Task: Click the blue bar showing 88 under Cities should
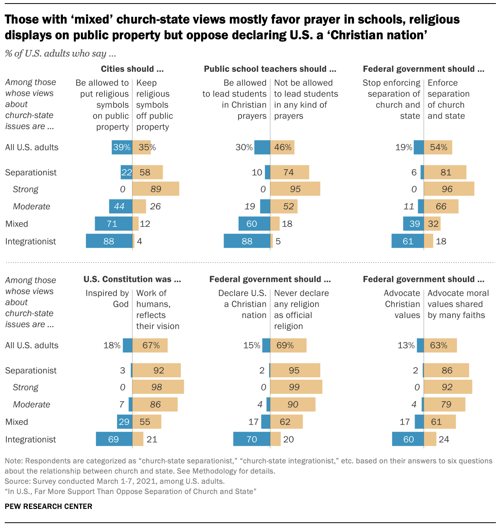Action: (x=109, y=241)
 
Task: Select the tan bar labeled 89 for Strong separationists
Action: (x=156, y=189)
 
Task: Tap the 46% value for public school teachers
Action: (x=283, y=147)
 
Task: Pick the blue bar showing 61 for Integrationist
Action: (x=408, y=241)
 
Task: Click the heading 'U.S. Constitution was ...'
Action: (x=132, y=279)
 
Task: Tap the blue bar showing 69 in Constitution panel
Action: (x=114, y=439)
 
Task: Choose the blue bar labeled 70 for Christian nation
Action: (x=251, y=439)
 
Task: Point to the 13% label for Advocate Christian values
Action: (x=406, y=345)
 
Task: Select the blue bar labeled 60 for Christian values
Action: (x=408, y=439)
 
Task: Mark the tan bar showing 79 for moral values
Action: (x=444, y=404)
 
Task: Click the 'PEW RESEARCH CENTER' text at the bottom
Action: (x=48, y=506)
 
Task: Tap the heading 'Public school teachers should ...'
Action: (x=270, y=69)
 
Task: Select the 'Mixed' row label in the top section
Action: (x=17, y=224)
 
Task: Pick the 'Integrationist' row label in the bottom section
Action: (x=30, y=439)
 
